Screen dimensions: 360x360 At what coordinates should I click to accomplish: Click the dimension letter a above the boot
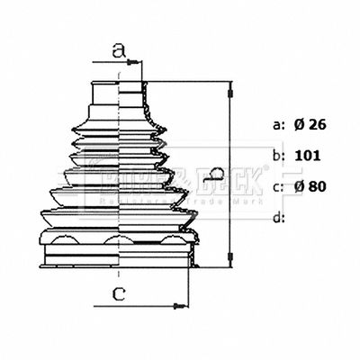pos(118,51)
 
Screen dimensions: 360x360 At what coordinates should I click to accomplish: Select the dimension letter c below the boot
pos(118,292)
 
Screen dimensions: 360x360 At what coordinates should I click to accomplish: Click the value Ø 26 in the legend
pos(310,125)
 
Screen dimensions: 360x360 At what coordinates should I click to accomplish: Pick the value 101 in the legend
pos(308,156)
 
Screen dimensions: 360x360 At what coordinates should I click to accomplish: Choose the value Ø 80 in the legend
pos(310,186)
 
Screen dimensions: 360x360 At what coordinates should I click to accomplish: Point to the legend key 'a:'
pos(278,125)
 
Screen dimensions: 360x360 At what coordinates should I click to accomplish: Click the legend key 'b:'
pos(278,156)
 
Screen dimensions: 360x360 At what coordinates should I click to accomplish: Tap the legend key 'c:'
pos(278,186)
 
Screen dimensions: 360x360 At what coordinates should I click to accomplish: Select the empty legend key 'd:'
pos(278,217)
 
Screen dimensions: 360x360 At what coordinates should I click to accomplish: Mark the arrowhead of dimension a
pos(138,62)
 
